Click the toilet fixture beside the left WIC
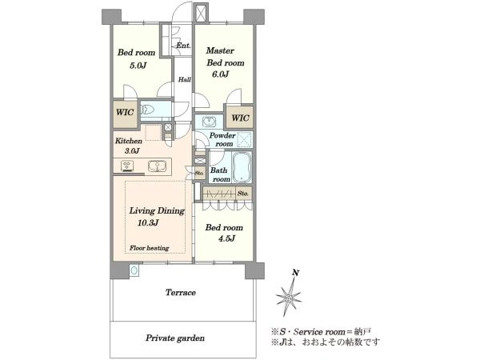[x=147, y=110]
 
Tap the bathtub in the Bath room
[x=242, y=167]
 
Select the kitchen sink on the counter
[x=158, y=166]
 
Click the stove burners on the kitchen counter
[x=127, y=166]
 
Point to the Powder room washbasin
[x=210, y=122]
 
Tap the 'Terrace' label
[x=181, y=292]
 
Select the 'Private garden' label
[x=175, y=338]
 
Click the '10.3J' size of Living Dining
[x=148, y=222]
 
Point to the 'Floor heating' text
[x=149, y=248]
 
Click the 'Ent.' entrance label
[x=183, y=46]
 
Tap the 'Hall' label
[x=185, y=79]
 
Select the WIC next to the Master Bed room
[x=240, y=118]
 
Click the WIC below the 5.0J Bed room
[x=125, y=113]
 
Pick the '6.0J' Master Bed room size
[x=221, y=74]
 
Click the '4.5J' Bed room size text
[x=226, y=238]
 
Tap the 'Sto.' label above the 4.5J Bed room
[x=243, y=194]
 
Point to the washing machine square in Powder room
[x=245, y=140]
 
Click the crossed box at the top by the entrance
[x=202, y=13]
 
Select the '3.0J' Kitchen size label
[x=132, y=150]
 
